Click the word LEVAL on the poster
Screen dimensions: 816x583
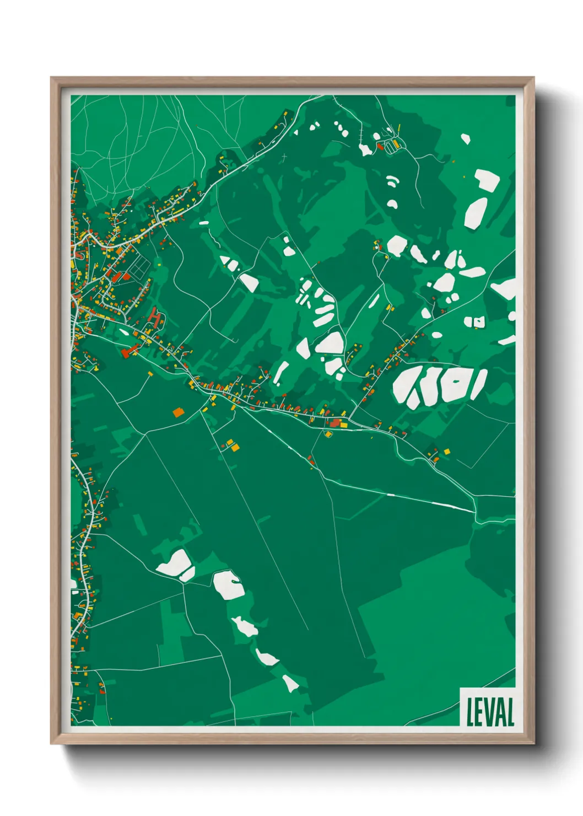(490, 712)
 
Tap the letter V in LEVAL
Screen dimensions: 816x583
(490, 712)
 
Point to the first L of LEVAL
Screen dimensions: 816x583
(471, 712)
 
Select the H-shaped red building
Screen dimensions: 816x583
(156, 318)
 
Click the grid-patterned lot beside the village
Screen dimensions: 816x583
(138, 269)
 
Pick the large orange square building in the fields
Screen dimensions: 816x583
(177, 411)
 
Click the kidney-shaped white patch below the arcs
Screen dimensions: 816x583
(392, 205)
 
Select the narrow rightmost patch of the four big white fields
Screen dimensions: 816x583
(478, 384)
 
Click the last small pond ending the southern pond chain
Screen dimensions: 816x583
(290, 683)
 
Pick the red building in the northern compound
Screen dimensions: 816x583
(380, 146)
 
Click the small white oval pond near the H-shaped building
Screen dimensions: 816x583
(124, 332)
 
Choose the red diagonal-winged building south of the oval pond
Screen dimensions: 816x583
(131, 350)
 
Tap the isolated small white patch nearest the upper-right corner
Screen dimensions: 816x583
(466, 138)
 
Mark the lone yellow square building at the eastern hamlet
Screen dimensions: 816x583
(446, 451)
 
